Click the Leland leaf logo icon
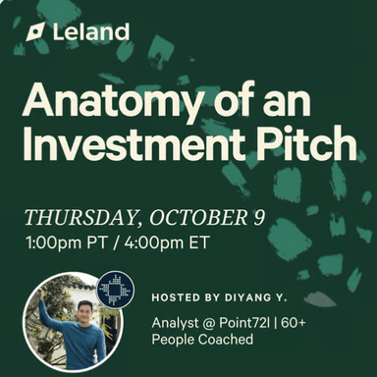tap(35, 31)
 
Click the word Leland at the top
tap(90, 31)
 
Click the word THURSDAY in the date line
tap(76, 216)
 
